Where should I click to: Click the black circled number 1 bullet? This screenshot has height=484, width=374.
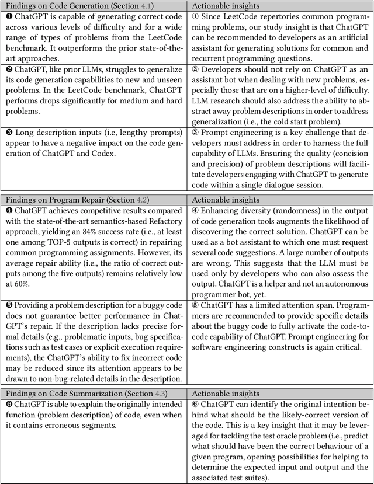pyautogui.click(x=7, y=17)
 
